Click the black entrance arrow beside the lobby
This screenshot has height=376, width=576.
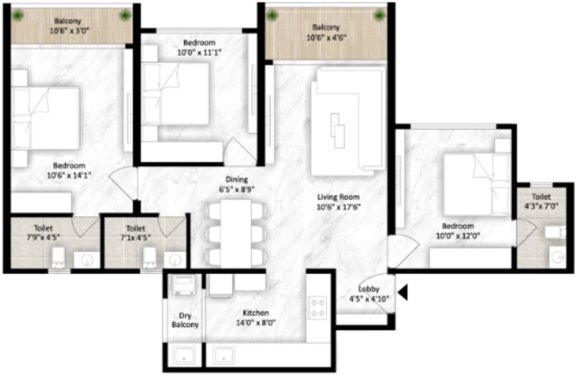pyautogui.click(x=403, y=292)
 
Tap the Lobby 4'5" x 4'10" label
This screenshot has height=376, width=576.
pyautogui.click(x=368, y=294)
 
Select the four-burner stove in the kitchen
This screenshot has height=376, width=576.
pyautogui.click(x=318, y=307)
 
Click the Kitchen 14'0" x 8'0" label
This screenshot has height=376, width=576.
pyautogui.click(x=256, y=318)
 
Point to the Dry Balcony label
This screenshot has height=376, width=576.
pyautogui.click(x=185, y=320)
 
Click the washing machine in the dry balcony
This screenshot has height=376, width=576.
pyautogui.click(x=184, y=285)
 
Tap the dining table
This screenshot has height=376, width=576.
pyautogui.click(x=236, y=233)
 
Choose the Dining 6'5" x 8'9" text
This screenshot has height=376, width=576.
pyautogui.click(x=237, y=184)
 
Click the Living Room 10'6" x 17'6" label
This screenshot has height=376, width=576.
pyautogui.click(x=338, y=202)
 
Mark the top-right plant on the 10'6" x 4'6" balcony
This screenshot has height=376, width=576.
pyautogui.click(x=379, y=16)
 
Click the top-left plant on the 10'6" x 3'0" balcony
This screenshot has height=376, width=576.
pyautogui.click(x=18, y=16)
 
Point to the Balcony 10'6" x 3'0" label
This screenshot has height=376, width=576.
pyautogui.click(x=68, y=26)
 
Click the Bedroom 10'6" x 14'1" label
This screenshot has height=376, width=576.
pyautogui.click(x=69, y=170)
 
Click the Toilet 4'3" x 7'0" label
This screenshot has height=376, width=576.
pyautogui.click(x=541, y=201)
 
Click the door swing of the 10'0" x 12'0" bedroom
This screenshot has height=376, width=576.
pyautogui.click(x=403, y=251)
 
